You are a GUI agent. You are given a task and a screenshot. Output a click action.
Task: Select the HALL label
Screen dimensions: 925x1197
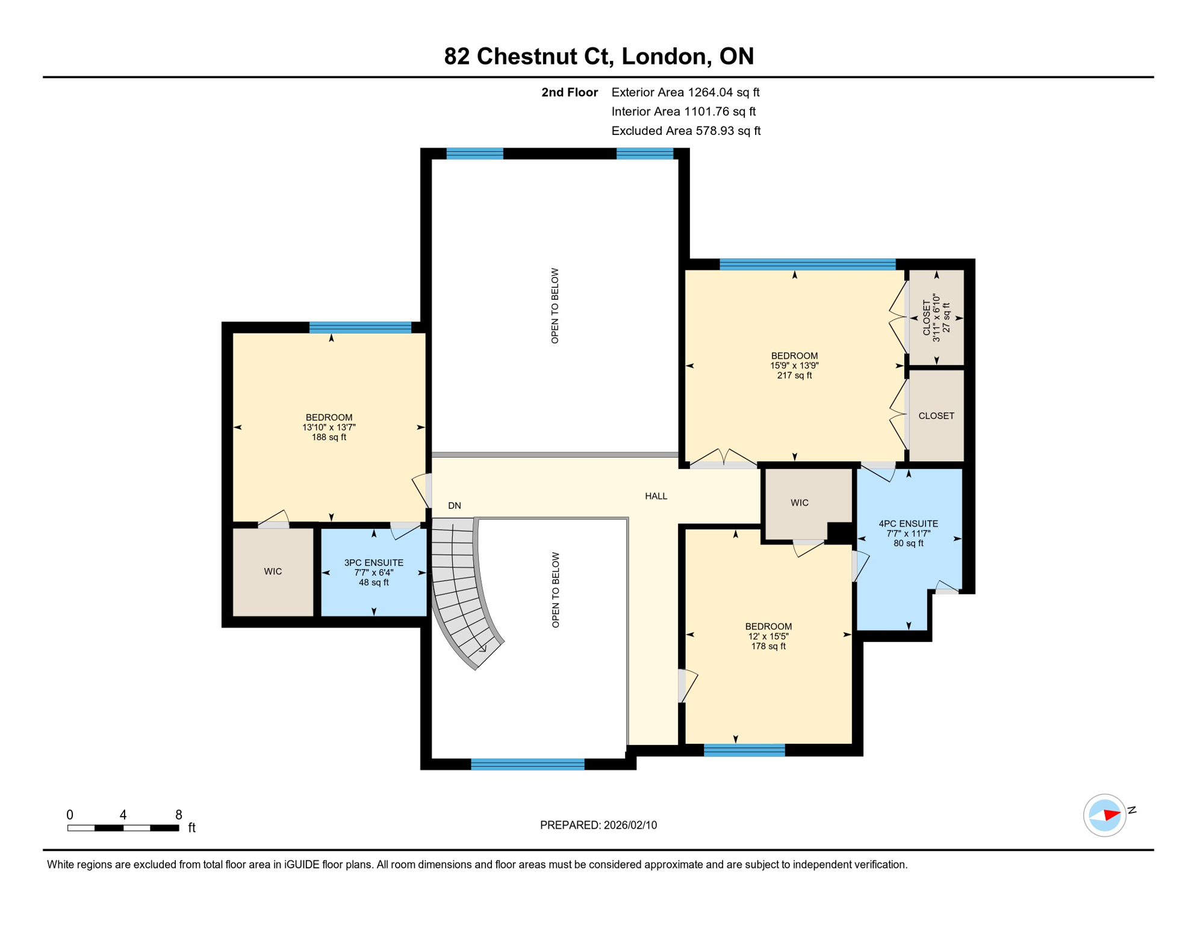(656, 496)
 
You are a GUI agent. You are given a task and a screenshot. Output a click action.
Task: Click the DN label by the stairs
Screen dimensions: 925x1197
(455, 506)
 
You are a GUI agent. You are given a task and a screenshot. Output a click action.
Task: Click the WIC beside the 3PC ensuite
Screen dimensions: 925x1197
(273, 571)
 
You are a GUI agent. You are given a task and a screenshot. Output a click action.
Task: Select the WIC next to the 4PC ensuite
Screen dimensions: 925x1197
(799, 503)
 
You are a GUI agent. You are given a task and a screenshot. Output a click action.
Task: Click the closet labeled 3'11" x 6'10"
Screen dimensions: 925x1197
(936, 317)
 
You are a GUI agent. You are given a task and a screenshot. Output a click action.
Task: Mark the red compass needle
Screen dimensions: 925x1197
(1111, 815)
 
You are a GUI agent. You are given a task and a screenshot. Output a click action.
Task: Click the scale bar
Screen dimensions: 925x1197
(123, 828)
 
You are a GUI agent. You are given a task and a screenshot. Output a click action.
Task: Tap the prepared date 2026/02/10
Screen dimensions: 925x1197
(598, 825)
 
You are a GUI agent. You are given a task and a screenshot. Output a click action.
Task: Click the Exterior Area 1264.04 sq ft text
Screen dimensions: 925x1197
(685, 92)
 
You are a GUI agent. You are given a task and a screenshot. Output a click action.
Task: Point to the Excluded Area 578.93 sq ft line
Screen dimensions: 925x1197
(686, 131)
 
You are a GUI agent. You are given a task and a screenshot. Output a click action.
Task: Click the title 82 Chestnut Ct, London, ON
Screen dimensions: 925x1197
(598, 56)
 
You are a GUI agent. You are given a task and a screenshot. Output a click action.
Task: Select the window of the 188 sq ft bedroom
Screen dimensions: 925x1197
(360, 328)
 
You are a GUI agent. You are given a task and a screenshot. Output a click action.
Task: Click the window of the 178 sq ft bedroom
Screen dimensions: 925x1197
(744, 750)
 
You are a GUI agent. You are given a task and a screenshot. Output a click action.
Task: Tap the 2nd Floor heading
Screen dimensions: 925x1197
(569, 92)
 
